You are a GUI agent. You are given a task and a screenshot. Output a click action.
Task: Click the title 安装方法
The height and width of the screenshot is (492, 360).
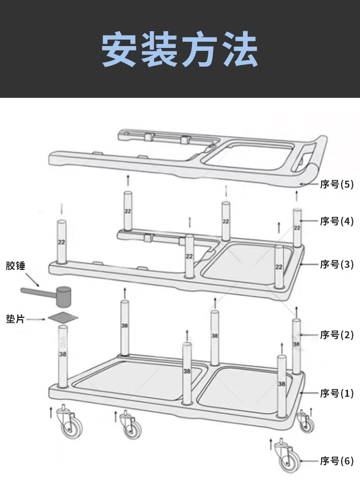(x=180, y=50)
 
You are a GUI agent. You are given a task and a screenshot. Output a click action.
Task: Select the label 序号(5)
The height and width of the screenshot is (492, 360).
(x=336, y=185)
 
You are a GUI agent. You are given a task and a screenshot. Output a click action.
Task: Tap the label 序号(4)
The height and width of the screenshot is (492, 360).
(x=336, y=221)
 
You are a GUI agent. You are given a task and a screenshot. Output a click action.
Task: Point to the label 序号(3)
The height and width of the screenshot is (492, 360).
(x=336, y=265)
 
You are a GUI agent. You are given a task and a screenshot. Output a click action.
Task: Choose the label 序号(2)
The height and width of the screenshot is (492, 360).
(x=336, y=335)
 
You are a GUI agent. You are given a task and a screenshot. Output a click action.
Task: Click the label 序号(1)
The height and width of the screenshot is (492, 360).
(x=336, y=394)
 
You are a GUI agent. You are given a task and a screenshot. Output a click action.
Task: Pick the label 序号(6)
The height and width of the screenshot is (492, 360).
(x=336, y=461)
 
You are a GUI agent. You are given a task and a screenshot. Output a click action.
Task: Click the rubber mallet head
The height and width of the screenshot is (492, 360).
(x=63, y=296)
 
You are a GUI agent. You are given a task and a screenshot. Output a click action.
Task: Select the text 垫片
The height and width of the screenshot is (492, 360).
(x=15, y=319)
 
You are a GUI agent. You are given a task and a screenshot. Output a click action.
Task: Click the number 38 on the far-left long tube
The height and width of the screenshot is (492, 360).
(x=62, y=354)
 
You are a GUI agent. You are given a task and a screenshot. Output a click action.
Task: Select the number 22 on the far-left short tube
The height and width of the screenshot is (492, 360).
(x=61, y=242)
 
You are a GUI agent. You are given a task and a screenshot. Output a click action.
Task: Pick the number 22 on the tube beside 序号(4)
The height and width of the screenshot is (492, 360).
(x=297, y=228)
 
